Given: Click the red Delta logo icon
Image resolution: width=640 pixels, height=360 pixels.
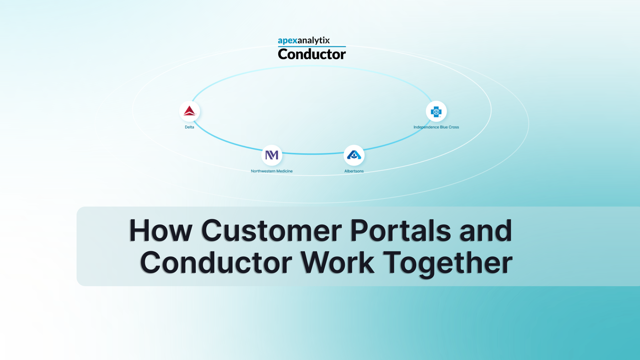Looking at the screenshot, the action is click(x=189, y=111).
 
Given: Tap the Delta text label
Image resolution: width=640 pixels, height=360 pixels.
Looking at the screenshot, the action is click(x=189, y=127).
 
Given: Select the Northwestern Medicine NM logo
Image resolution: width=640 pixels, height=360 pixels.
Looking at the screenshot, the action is click(x=272, y=155).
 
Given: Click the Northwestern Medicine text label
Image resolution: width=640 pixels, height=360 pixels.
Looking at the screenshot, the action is click(x=272, y=171).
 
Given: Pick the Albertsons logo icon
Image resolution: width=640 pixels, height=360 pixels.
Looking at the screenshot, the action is click(x=354, y=155).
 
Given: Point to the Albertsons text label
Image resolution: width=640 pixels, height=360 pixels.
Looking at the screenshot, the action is click(x=354, y=171).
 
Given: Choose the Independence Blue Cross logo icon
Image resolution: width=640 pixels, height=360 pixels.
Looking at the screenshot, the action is click(x=436, y=111).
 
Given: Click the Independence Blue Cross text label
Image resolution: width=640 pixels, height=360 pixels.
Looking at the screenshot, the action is click(x=436, y=127).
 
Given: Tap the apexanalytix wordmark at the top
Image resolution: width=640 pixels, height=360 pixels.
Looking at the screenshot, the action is click(x=304, y=41).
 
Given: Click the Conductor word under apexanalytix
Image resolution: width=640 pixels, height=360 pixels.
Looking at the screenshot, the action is click(x=312, y=54).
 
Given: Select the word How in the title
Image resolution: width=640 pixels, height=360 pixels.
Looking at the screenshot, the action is click(x=161, y=230).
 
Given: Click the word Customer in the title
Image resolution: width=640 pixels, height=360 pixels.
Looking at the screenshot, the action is click(x=272, y=230).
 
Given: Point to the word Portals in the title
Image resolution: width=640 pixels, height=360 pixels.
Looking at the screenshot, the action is click(x=401, y=230).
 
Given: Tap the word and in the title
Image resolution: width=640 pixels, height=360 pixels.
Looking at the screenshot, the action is click(x=485, y=230).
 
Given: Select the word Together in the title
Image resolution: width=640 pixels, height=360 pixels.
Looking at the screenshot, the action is click(x=448, y=263).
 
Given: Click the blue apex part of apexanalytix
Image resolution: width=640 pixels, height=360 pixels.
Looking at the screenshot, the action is click(x=288, y=41).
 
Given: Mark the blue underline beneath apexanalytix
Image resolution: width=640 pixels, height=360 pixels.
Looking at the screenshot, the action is click(x=312, y=46).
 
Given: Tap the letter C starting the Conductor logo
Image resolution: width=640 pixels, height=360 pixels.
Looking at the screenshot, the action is click(x=283, y=54).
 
